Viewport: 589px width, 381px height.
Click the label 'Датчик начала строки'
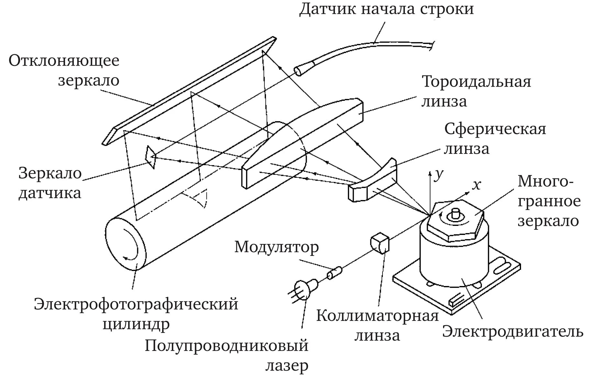click(x=386, y=9)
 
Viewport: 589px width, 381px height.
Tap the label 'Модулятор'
click(x=276, y=247)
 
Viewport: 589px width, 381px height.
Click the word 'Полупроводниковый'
click(x=226, y=346)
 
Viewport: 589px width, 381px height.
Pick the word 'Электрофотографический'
click(x=136, y=304)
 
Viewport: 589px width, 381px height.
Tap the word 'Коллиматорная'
click(x=377, y=315)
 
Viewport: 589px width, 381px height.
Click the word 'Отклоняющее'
click(x=64, y=60)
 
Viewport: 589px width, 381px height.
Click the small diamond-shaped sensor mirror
click(x=151, y=157)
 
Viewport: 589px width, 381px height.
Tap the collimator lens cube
click(x=379, y=243)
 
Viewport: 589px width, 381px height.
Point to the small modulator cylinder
click(x=334, y=273)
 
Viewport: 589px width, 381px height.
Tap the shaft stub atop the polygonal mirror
click(x=455, y=213)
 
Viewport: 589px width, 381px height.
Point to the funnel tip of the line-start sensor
click(x=298, y=71)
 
